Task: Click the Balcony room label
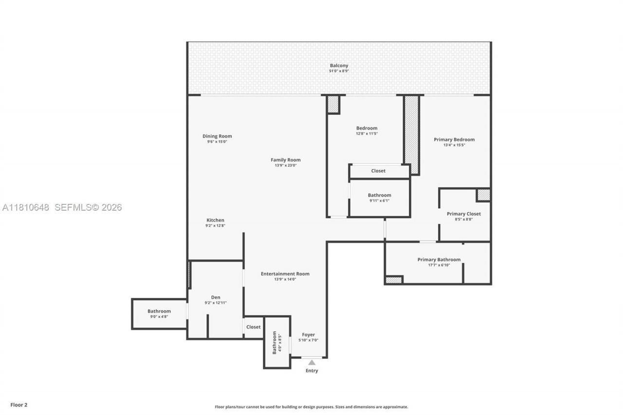(x=339, y=66)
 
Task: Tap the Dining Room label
(x=217, y=136)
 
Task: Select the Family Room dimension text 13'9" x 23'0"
(x=286, y=165)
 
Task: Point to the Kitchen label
(x=215, y=220)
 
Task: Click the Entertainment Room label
(x=285, y=273)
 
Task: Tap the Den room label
(x=216, y=297)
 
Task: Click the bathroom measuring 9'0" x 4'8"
(x=159, y=313)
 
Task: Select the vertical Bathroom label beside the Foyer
(x=275, y=343)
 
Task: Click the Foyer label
(x=308, y=335)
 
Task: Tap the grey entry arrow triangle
(x=311, y=362)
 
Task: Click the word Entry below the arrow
(x=311, y=371)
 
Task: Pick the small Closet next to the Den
(x=253, y=327)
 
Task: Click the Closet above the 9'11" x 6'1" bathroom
(x=378, y=171)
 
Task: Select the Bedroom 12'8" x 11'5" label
(x=366, y=128)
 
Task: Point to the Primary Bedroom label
(x=454, y=140)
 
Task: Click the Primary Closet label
(x=463, y=214)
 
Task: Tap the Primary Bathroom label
(x=439, y=259)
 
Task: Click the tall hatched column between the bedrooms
(x=412, y=134)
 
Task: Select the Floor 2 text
(x=19, y=404)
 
